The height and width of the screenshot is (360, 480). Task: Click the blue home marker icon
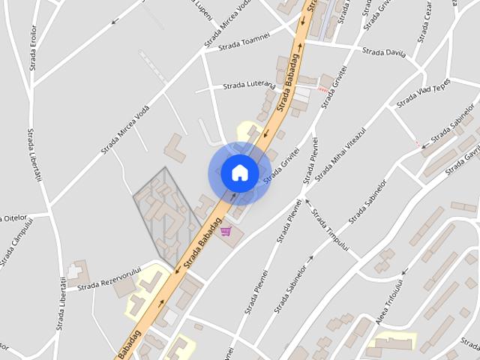(x=239, y=172)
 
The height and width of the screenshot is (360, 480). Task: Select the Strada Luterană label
(x=250, y=86)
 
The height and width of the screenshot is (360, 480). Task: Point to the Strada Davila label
(x=383, y=53)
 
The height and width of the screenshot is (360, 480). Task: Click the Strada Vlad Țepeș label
(x=424, y=91)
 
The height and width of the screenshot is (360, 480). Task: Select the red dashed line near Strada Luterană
(x=323, y=89)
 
